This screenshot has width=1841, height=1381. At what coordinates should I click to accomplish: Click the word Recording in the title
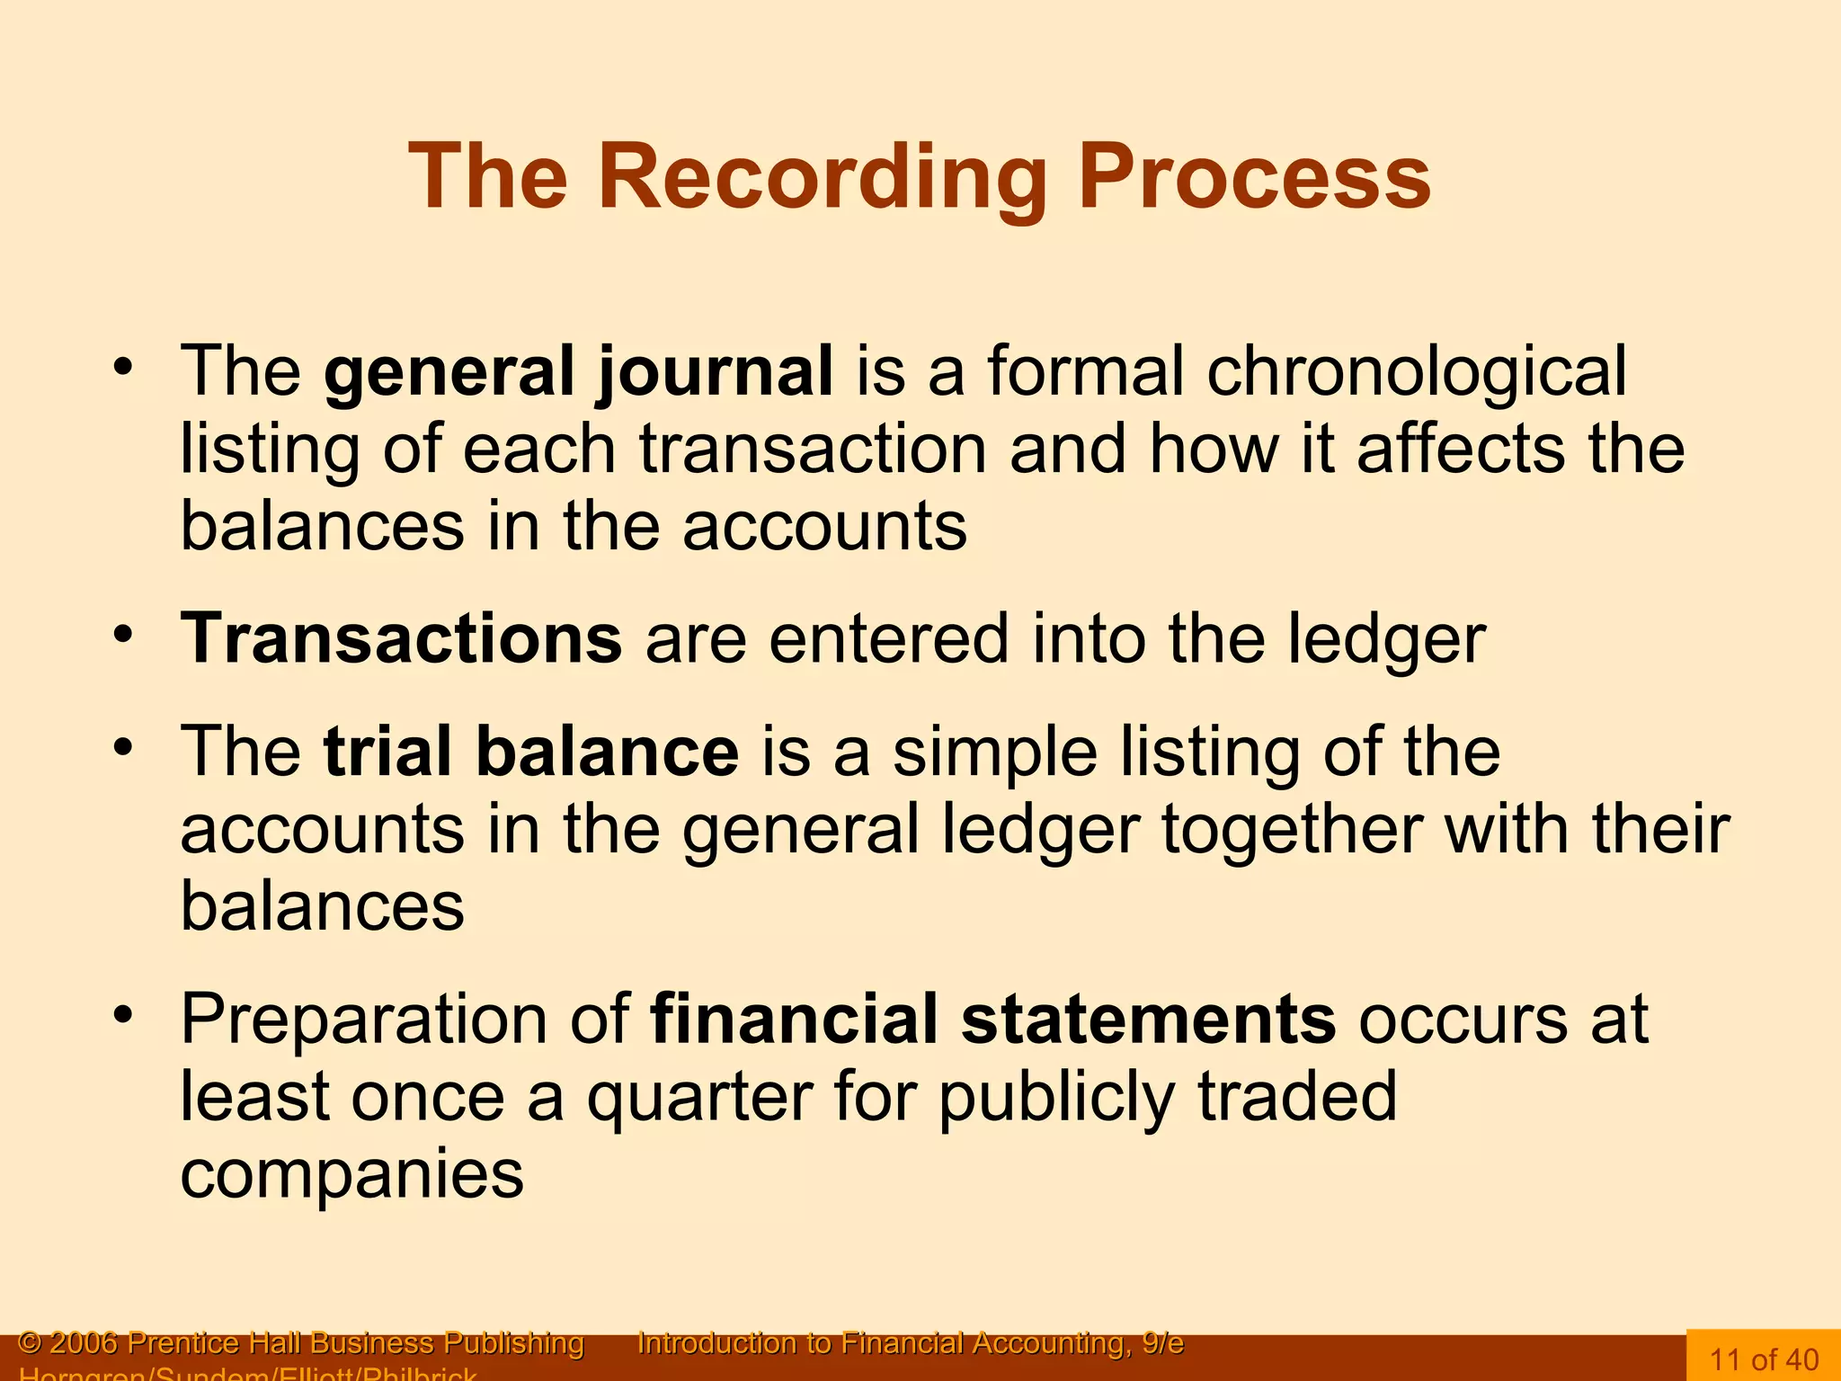click(823, 177)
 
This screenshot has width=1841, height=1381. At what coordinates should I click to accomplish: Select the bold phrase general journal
click(578, 371)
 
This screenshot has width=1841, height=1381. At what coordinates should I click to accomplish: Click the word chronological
click(1416, 371)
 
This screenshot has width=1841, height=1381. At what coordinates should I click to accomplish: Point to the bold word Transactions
click(401, 638)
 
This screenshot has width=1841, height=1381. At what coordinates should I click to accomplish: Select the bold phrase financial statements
click(992, 1020)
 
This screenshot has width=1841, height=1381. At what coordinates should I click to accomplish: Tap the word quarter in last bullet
click(699, 1097)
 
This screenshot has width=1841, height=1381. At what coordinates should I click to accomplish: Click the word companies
click(351, 1174)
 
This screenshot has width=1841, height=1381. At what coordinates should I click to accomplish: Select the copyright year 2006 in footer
click(84, 1343)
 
